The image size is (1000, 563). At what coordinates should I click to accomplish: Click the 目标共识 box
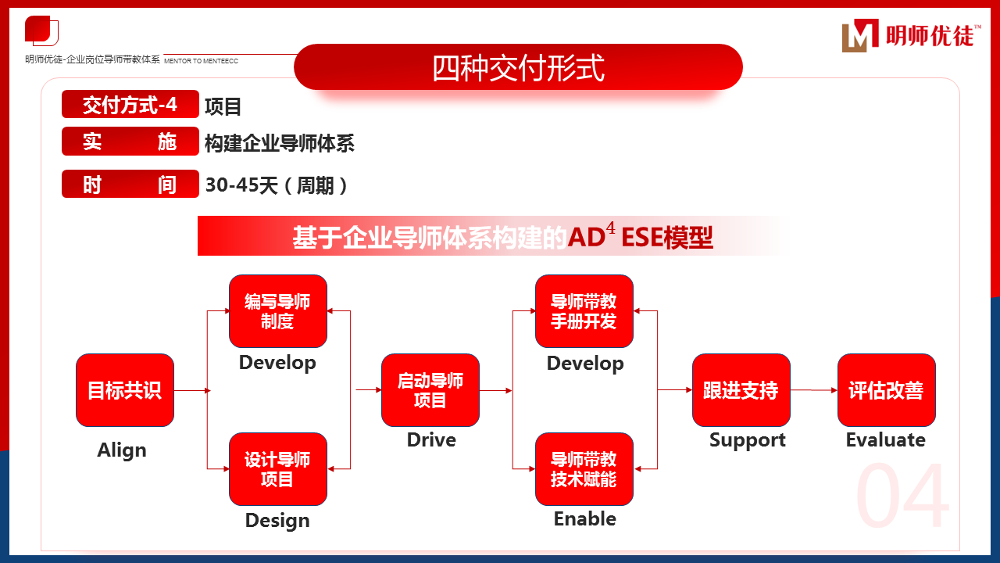coord(125,390)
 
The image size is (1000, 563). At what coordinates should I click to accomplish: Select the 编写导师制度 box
coord(277,311)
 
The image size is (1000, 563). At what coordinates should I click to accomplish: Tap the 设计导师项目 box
coord(277,469)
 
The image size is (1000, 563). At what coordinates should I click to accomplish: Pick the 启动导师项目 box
coord(430,390)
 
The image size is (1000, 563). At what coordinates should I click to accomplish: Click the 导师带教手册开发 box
coord(584,311)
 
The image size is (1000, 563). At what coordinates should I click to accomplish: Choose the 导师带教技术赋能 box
coord(584,469)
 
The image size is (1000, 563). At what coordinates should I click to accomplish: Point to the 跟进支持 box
coord(741,390)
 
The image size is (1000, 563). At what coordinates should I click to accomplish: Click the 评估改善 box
coord(886,390)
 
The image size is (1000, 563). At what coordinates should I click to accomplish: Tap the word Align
coord(122,450)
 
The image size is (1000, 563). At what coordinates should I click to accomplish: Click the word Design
coord(277,521)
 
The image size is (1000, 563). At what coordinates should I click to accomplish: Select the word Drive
coord(431,440)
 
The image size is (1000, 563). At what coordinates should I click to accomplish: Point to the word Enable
coord(584,519)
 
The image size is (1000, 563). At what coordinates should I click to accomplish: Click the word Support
coord(747,440)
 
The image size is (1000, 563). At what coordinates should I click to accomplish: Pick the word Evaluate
coord(885,440)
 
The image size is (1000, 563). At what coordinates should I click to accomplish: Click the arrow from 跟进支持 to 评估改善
coord(813,390)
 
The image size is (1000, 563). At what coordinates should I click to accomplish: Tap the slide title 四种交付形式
coord(518,67)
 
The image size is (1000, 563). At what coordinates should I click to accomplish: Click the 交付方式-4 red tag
coord(130,105)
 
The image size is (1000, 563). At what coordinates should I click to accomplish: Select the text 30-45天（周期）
coord(277,185)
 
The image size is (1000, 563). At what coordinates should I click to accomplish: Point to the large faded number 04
coord(903,497)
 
